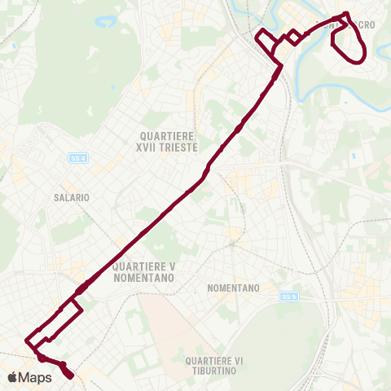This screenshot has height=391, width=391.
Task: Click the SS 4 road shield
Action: [77, 157]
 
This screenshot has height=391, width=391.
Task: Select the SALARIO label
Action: [71, 197]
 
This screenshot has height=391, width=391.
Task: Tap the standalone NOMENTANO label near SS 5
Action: [233, 288]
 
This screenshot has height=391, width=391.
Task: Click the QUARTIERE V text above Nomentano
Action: [145, 266]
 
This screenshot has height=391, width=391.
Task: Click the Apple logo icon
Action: [12, 377]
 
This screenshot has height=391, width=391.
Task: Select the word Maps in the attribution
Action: [35, 377]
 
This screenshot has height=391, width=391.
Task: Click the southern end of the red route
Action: [71, 376]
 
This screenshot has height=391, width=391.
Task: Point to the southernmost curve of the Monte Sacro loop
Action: [357, 60]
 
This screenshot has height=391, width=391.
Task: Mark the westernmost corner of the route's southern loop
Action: [28, 338]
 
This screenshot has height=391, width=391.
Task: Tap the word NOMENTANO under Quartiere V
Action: [145, 277]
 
